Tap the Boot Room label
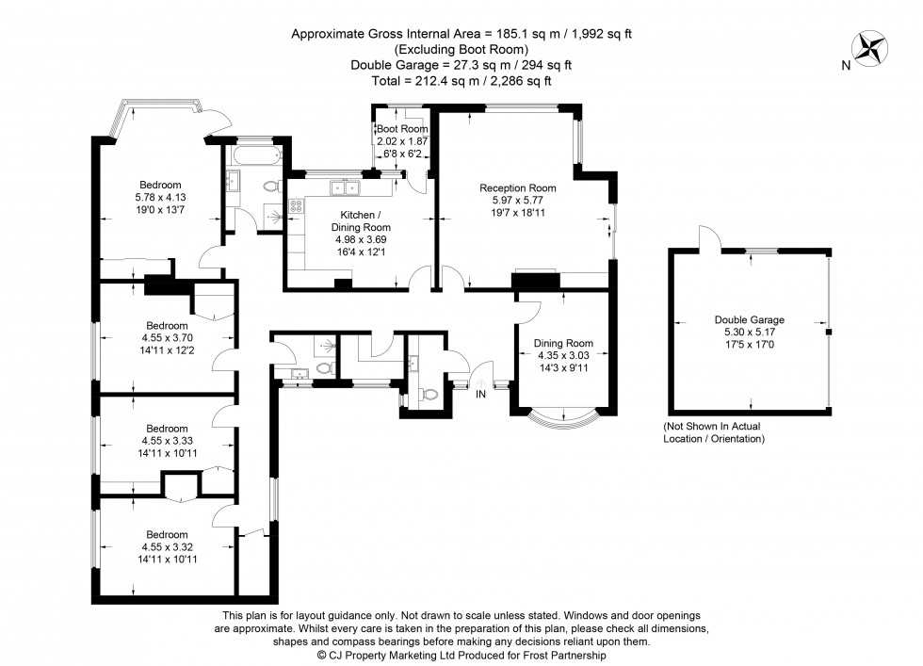[x=402, y=128]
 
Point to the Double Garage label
[x=749, y=319]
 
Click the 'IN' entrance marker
[x=480, y=393]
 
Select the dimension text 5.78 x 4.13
[x=160, y=197]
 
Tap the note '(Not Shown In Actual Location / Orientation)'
[x=712, y=432]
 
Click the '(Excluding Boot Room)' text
[x=461, y=49]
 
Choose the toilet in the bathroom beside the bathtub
[x=272, y=186]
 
